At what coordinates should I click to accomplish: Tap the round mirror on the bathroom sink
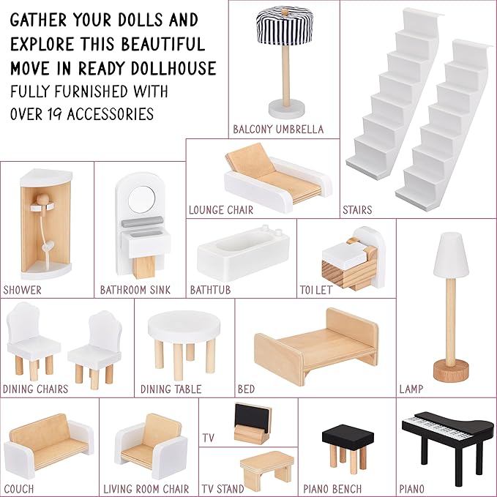142,200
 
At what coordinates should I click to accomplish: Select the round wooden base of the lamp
451,370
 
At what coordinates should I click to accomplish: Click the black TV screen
253,417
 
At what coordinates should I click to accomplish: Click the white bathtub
244,253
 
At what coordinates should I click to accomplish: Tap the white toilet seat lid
344,253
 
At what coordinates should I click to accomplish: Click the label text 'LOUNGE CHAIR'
221,210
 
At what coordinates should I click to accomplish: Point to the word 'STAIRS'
357,210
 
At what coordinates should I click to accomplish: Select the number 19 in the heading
54,114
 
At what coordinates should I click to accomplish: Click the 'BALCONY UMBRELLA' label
278,130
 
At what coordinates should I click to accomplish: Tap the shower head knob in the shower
42,201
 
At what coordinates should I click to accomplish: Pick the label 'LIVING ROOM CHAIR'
146,488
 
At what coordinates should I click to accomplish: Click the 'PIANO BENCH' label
332,488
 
